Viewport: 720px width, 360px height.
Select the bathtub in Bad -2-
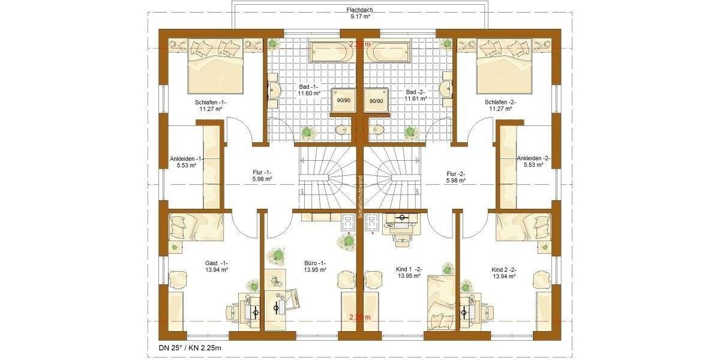(x=388, y=53)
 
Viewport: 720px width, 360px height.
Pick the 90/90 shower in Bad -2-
(x=376, y=100)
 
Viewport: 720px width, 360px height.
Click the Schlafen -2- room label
(x=500, y=106)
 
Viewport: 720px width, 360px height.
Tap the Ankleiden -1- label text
(x=187, y=161)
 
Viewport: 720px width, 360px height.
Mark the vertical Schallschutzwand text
(x=359, y=196)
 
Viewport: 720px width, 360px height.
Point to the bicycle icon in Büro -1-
(x=275, y=280)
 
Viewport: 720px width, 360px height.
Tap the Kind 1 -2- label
(x=409, y=273)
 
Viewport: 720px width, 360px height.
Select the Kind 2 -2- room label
(x=504, y=273)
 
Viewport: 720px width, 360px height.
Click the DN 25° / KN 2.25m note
(x=184, y=347)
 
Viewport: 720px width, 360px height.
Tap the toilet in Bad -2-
(x=379, y=129)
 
